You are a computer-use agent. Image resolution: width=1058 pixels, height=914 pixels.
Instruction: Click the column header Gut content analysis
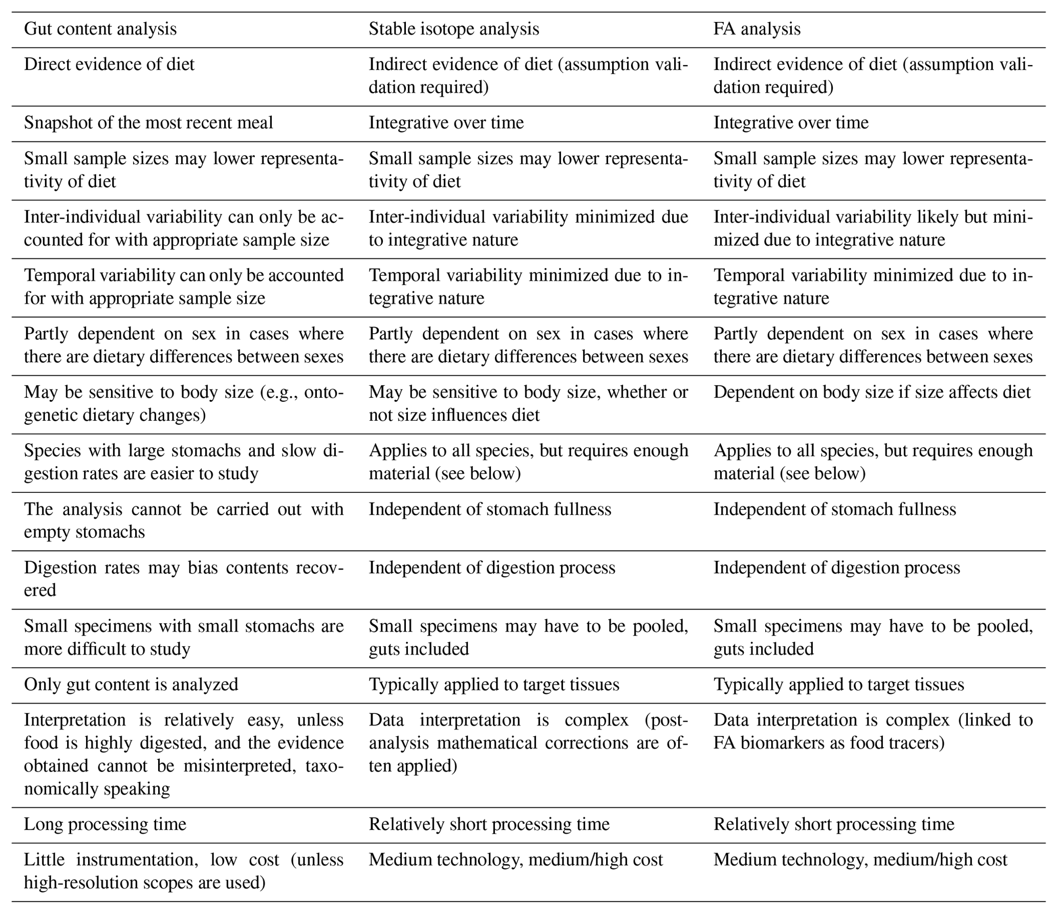(x=100, y=29)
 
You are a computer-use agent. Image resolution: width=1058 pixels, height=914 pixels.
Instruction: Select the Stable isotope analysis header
(x=454, y=29)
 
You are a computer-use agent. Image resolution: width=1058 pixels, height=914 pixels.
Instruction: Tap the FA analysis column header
(x=757, y=29)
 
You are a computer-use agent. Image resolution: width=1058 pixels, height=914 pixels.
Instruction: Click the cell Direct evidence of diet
(x=109, y=64)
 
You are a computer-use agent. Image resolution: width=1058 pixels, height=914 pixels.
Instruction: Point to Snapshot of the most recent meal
(x=148, y=123)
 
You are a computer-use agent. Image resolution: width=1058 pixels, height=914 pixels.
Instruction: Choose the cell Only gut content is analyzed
(x=131, y=684)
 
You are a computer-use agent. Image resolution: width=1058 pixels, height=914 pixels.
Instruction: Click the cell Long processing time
(x=105, y=824)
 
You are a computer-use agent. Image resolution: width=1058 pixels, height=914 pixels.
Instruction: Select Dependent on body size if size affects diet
(x=872, y=392)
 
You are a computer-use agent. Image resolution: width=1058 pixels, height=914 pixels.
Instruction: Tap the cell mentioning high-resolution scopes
(x=183, y=871)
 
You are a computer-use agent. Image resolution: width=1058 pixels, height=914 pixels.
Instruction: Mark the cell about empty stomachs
(x=183, y=520)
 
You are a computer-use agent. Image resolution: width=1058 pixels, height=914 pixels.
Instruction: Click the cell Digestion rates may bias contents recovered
(x=183, y=578)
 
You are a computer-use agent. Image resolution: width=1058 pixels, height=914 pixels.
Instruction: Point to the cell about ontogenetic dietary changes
(x=183, y=403)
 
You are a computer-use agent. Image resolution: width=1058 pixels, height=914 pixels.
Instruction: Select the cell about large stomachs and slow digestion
(x=183, y=462)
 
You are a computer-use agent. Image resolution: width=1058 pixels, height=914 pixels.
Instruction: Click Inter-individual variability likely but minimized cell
(x=873, y=228)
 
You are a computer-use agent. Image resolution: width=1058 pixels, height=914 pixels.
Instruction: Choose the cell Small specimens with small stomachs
(x=183, y=637)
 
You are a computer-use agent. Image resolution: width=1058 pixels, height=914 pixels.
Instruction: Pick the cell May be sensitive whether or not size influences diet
(x=528, y=403)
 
